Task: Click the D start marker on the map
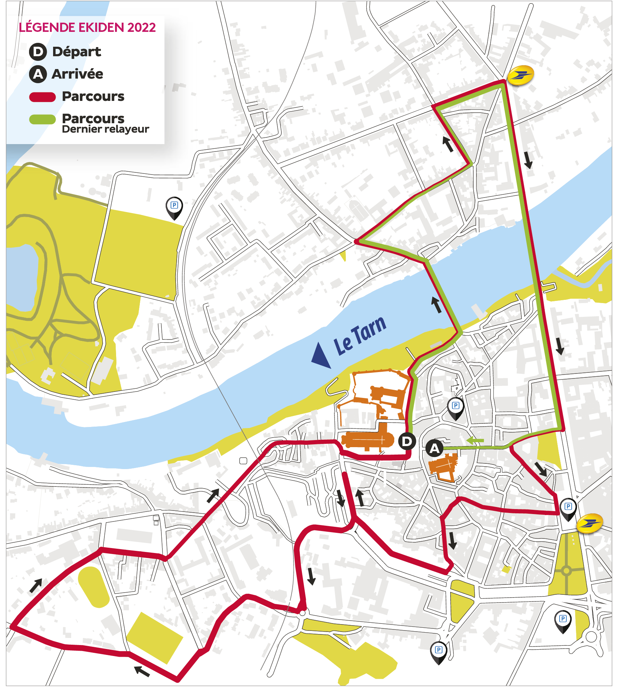[x=407, y=441]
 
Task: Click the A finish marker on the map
[x=434, y=448]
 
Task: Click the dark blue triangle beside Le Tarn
[x=321, y=355]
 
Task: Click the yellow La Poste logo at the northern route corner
[x=521, y=75]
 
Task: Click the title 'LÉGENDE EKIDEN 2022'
[x=87, y=27]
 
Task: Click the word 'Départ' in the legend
[x=76, y=52]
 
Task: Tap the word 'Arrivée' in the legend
[x=77, y=74]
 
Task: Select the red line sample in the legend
[x=42, y=97]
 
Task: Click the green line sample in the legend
[x=42, y=119]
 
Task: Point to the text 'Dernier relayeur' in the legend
[x=105, y=129]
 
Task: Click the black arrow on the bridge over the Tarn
[x=436, y=305]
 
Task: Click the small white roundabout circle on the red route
[x=302, y=613]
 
